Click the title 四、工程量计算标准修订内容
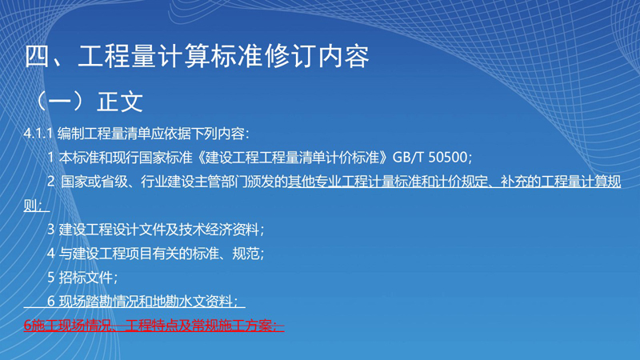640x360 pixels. coord(197,56)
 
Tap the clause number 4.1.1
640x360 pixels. coord(38,134)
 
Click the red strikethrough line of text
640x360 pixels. coord(154,326)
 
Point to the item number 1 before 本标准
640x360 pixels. coord(50,157)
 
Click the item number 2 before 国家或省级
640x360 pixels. coord(51,182)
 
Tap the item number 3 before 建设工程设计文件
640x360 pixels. coord(51,230)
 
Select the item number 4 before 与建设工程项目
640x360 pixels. coord(51,254)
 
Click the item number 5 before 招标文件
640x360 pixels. coord(51,278)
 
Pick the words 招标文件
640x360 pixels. coord(86,278)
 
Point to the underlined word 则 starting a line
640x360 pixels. coord(30,206)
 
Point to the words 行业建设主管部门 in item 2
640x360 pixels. coord(194,182)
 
